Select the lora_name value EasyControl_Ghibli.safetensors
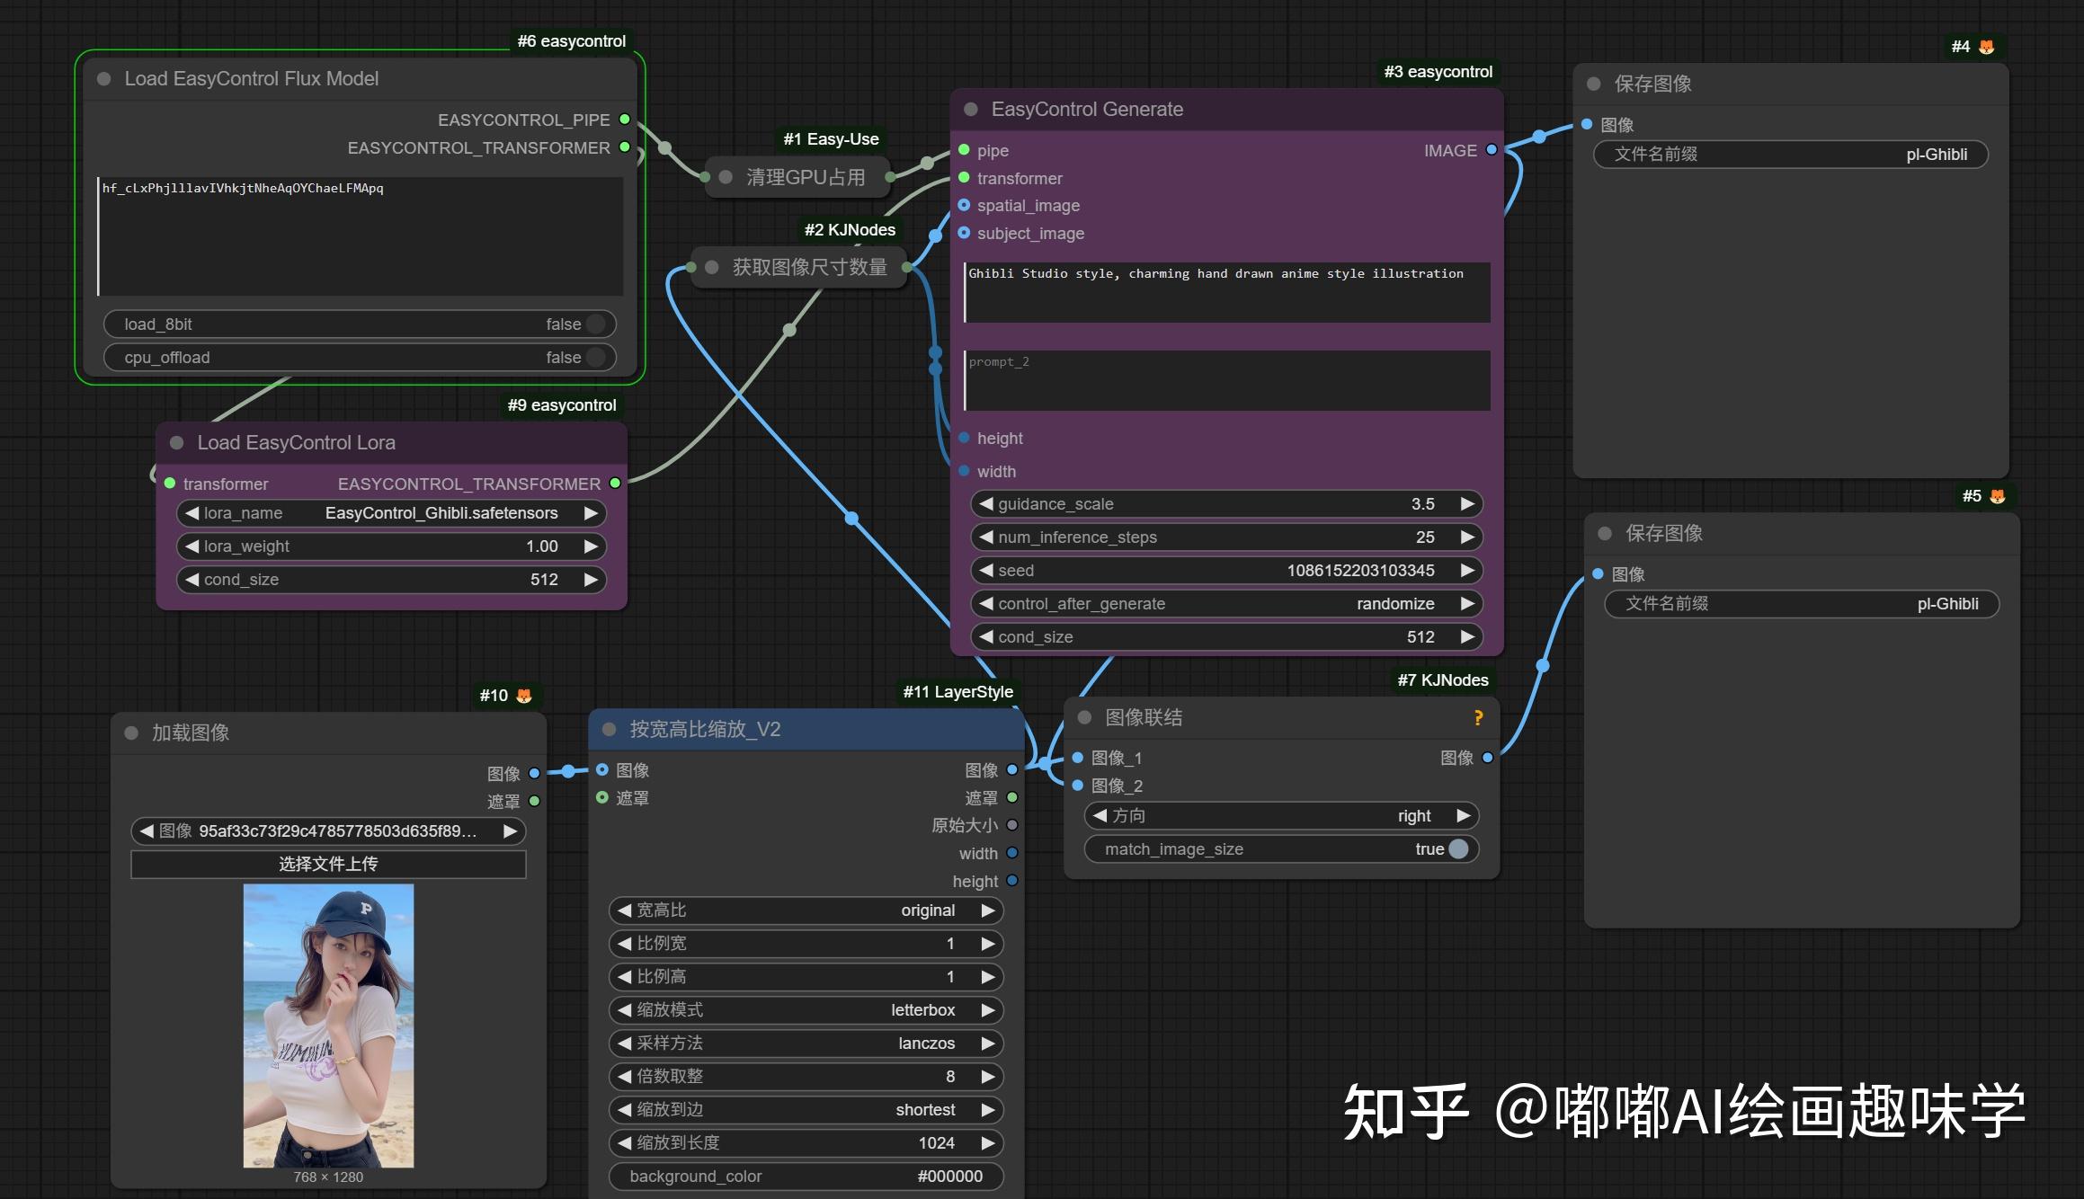[441, 513]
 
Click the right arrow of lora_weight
[591, 546]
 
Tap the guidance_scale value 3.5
[1422, 504]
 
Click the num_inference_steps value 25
[1425, 537]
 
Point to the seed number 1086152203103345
[1360, 571]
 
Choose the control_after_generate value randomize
[1395, 604]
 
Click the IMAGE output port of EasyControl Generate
[1492, 150]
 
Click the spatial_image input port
[964, 206]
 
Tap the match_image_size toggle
[1458, 849]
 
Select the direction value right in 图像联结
[1413, 816]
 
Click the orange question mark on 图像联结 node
[1478, 717]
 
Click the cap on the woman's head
[356, 918]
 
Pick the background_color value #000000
[949, 1177]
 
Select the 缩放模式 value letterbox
[922, 1010]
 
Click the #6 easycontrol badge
[571, 41]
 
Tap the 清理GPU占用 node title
[805, 178]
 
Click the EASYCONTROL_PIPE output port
[625, 120]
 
